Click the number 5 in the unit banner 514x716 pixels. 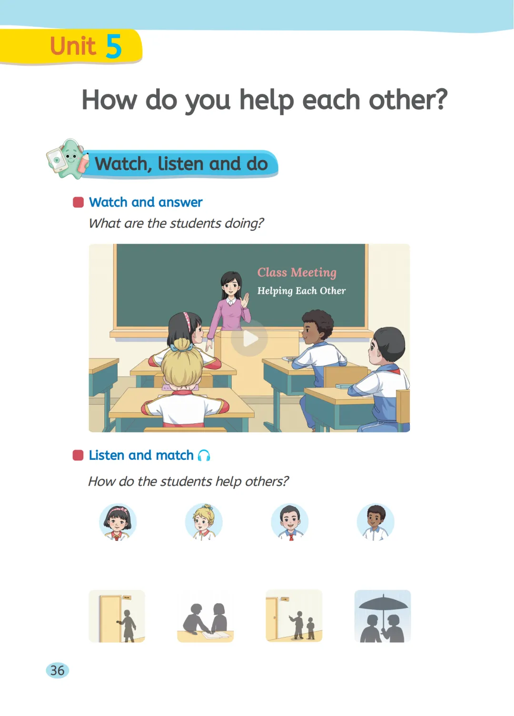(x=114, y=46)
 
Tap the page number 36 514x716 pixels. (x=58, y=670)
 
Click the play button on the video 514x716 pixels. (x=249, y=338)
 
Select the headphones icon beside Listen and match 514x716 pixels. (x=204, y=455)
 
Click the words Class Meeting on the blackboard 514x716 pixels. (x=297, y=272)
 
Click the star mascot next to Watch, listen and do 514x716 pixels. (x=68, y=159)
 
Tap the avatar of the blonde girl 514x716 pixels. (x=204, y=522)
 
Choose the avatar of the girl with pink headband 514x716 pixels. (x=118, y=522)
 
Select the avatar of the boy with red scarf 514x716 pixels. (x=289, y=522)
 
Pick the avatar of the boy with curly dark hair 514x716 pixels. (x=376, y=522)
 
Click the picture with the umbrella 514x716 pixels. (x=382, y=616)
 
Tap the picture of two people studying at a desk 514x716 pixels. (x=206, y=616)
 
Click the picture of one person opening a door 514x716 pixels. (x=117, y=616)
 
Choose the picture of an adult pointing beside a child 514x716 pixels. (x=294, y=616)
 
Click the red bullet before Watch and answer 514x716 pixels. (x=78, y=202)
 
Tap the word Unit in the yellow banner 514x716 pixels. (x=73, y=46)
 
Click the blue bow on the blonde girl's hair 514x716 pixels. (x=181, y=346)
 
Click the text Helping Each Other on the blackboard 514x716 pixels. (x=301, y=291)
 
